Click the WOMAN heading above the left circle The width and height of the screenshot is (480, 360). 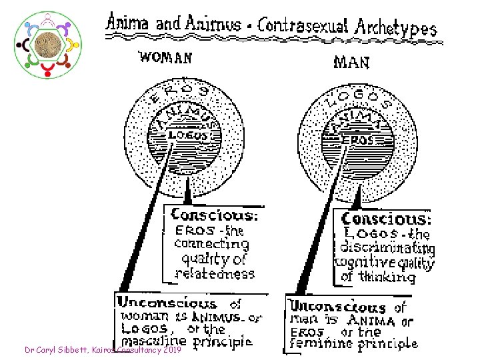(165, 58)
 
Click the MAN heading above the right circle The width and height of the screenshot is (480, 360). (351, 63)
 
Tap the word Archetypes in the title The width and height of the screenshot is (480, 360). (395, 27)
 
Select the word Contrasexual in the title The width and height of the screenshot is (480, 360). (303, 26)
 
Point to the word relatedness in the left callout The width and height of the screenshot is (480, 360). (215, 273)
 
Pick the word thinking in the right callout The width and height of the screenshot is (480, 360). (387, 277)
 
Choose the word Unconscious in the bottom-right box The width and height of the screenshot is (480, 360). (337, 307)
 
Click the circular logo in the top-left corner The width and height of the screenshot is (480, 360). (47, 44)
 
